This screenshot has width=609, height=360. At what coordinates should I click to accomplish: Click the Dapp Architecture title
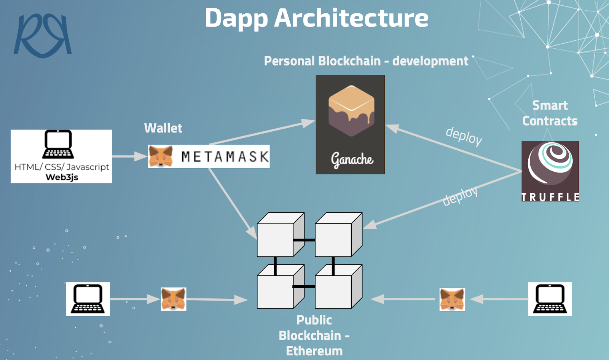316,18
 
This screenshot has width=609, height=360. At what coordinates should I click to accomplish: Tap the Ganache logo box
350,124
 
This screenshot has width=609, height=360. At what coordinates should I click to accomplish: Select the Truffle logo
550,171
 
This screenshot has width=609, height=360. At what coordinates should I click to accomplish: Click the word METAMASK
225,156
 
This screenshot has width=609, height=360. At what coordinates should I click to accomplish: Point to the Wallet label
163,128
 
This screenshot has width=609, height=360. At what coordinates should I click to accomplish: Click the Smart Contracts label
550,113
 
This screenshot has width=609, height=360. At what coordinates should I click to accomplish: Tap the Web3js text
62,177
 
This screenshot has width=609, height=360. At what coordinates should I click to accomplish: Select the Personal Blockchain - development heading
366,61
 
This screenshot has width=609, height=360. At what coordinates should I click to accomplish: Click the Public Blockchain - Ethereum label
314,335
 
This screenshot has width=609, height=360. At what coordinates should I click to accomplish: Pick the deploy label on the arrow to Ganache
464,135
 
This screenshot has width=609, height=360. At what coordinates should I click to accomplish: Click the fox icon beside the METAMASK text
161,156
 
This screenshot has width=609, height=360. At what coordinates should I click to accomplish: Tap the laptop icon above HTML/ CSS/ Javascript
58,144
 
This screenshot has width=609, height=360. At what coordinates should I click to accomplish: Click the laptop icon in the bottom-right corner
550,299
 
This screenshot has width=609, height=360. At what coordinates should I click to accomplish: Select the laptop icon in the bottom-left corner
88,299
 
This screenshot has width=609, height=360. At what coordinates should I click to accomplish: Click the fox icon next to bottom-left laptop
174,299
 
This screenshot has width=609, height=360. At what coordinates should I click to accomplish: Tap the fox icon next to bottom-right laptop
452,299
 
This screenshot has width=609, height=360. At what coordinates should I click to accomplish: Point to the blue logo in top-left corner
43,35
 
